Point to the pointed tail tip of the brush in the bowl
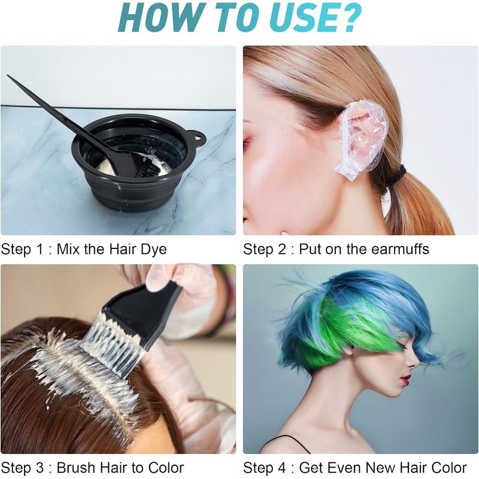[8, 75]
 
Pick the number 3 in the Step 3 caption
[40, 468]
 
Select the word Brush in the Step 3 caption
[77, 468]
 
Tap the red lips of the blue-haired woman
[405, 381]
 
